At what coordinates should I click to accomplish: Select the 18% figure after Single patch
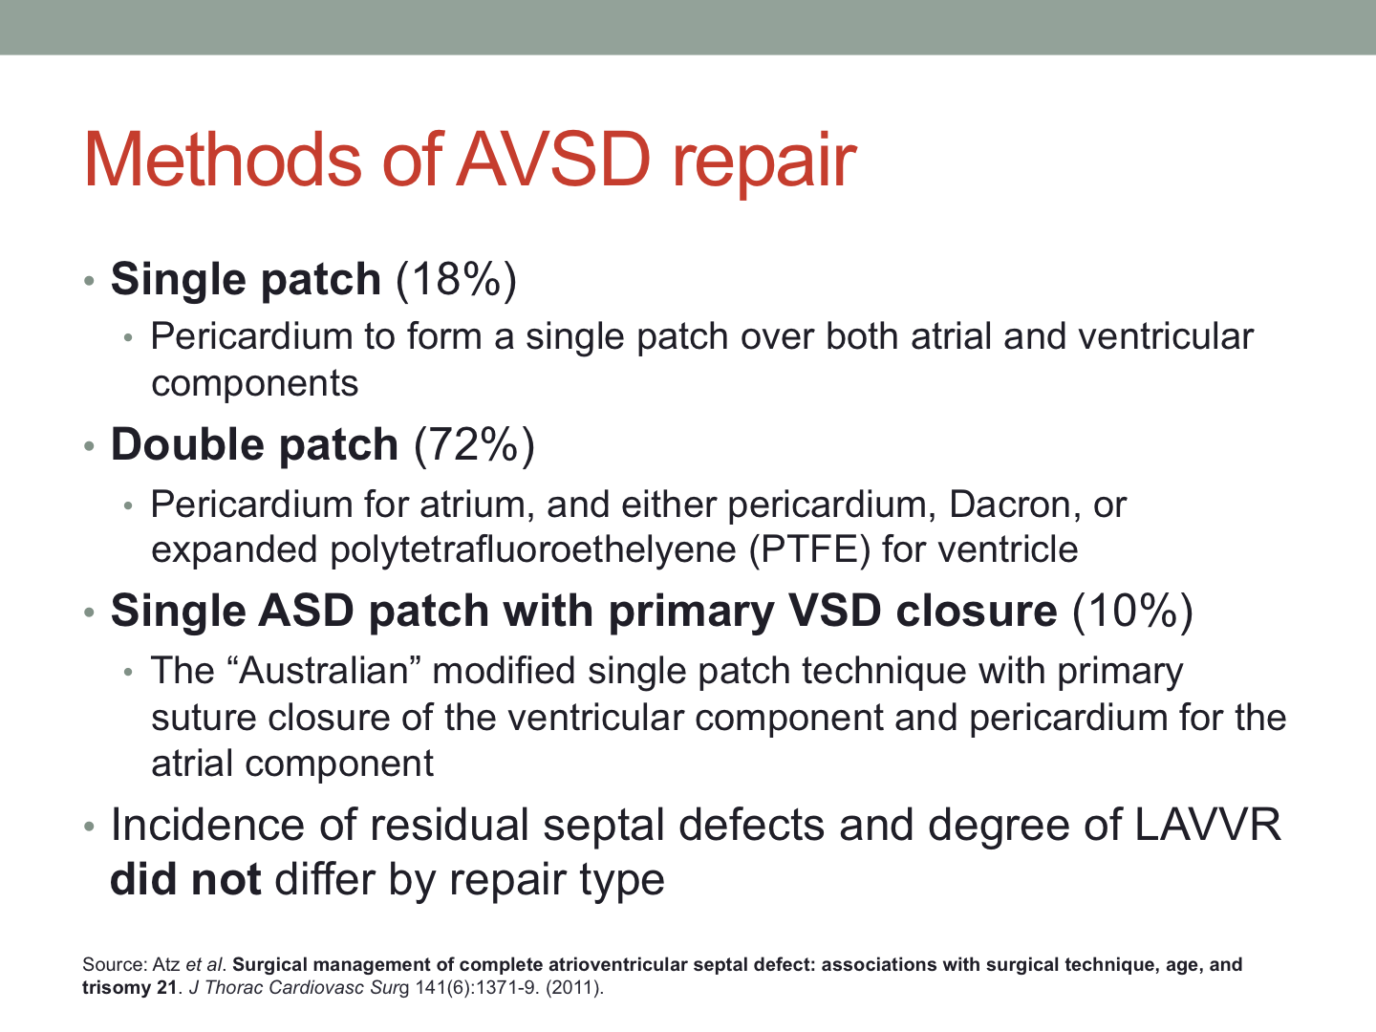457,279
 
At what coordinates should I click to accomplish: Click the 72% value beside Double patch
475,445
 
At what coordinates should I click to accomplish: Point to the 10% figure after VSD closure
1132,611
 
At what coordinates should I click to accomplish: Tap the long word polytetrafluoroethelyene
533,550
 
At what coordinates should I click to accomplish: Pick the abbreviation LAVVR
1208,826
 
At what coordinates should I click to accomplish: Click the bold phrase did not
185,880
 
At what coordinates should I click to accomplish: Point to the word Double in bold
187,445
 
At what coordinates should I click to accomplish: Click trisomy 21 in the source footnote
130,988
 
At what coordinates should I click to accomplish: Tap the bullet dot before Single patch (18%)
89,281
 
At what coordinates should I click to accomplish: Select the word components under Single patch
254,384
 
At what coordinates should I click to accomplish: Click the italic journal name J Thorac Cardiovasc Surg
299,988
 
